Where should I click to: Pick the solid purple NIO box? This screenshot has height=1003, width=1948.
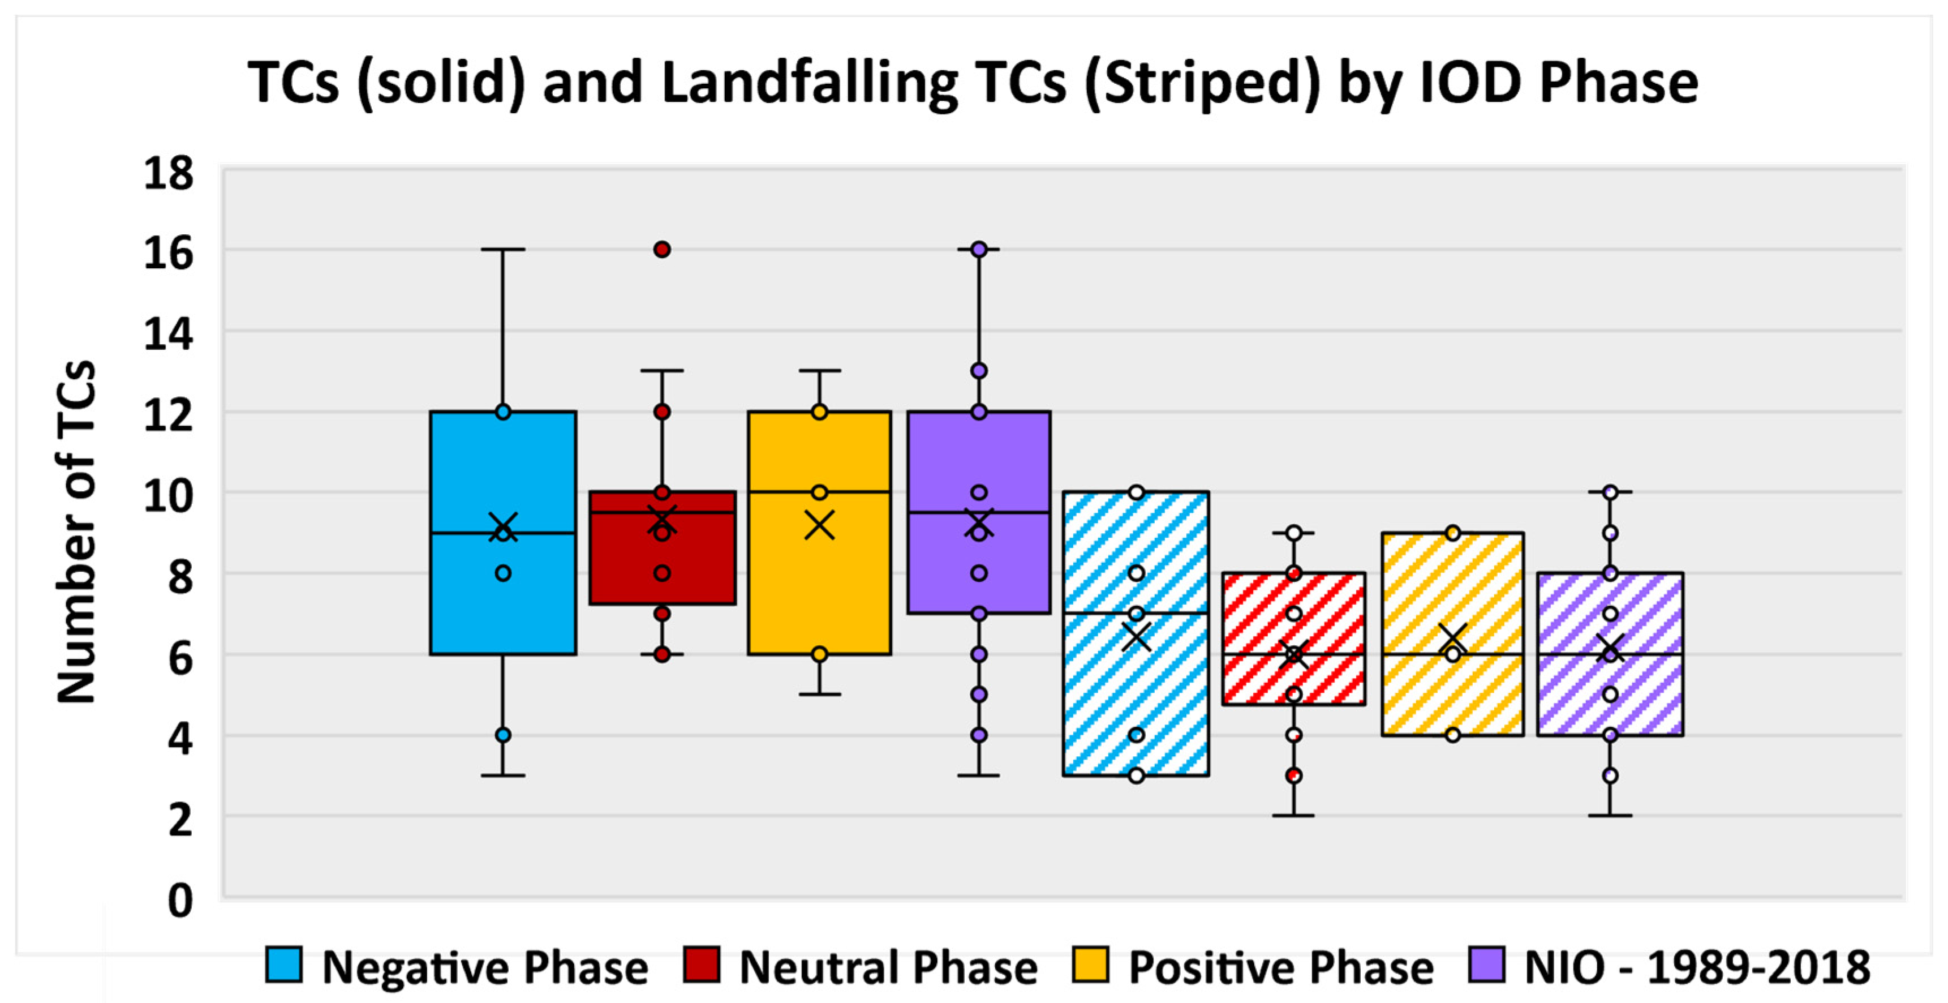1013,469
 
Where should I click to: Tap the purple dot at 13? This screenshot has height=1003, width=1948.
979,371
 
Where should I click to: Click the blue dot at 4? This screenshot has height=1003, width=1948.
503,735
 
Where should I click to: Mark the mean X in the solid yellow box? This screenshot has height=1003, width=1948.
819,525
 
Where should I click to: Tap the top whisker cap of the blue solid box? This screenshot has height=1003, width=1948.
503,249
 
